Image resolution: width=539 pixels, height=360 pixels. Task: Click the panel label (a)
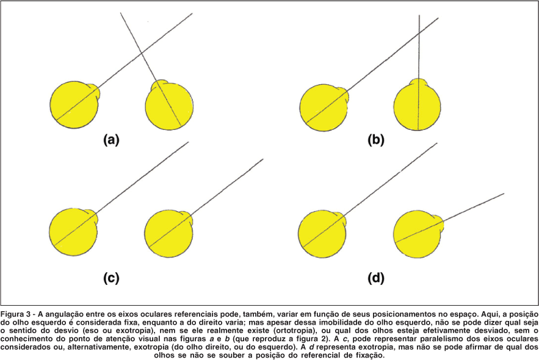[x=110, y=140]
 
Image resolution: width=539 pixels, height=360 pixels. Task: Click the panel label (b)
[x=376, y=140]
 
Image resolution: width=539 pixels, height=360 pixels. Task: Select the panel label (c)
[x=110, y=278]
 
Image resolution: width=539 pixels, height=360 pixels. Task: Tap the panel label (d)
[x=376, y=278]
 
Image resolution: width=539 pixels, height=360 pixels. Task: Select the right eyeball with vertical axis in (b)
[x=418, y=106]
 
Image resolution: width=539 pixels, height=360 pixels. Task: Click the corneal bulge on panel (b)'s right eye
[x=419, y=82]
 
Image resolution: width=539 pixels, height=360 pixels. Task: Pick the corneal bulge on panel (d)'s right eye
[x=444, y=224]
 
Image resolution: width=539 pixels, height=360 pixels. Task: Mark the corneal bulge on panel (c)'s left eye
[x=92, y=216]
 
